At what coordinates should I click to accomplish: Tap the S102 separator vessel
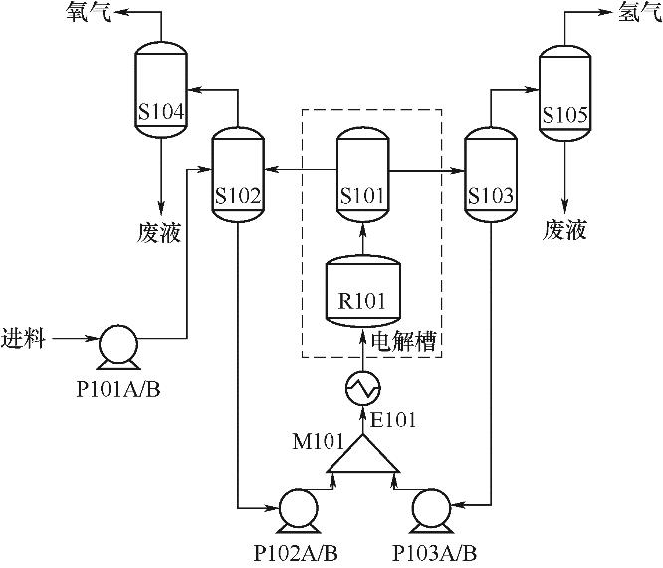click(238, 173)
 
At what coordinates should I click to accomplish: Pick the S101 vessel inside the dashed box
click(361, 173)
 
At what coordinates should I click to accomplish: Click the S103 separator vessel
click(490, 173)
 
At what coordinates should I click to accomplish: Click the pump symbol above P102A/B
click(298, 506)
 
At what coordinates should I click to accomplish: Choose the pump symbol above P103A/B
click(429, 506)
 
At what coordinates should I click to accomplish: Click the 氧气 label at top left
click(88, 13)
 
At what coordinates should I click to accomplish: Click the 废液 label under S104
click(159, 231)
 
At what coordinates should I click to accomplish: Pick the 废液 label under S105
click(564, 231)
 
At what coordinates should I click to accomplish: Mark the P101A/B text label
click(117, 387)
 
